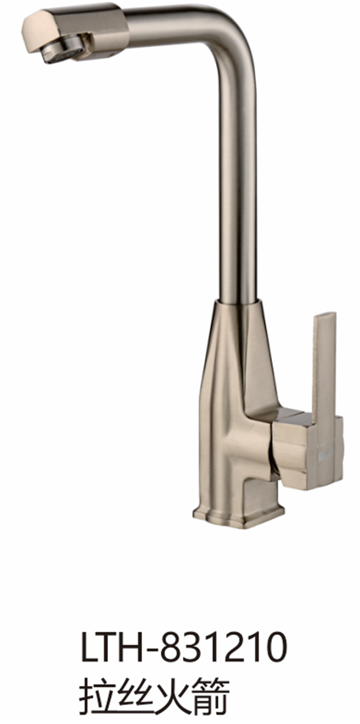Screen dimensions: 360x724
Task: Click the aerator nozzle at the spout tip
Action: click(63, 49)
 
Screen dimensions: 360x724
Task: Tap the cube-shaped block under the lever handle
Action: click(308, 452)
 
